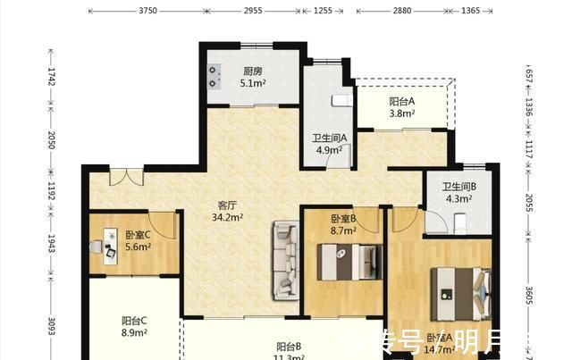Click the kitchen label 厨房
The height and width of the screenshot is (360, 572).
coord(252,71)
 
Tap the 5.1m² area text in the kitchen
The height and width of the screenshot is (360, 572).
coord(252,84)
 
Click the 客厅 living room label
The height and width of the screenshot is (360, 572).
coord(227,203)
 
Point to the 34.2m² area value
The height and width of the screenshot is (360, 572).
coord(227,215)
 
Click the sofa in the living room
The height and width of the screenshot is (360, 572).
coord(286,260)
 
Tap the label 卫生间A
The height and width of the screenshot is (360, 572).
coord(329,138)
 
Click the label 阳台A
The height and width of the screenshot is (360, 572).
coord(401,102)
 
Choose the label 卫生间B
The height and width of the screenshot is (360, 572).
coord(458,187)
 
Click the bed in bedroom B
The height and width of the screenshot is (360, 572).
coord(348,262)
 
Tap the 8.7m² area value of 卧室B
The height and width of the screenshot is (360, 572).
coord(343,230)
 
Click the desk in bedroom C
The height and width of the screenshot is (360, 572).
coord(109,245)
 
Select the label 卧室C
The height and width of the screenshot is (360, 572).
coord(139,235)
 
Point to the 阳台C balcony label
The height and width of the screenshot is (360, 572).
coord(134,321)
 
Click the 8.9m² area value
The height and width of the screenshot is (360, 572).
coord(134,333)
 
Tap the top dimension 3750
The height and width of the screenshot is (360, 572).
coord(147,11)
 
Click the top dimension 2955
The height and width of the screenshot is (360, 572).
coord(253,11)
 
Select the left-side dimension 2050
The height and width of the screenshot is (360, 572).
coord(52,139)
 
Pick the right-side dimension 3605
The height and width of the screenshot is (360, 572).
coord(528,296)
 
